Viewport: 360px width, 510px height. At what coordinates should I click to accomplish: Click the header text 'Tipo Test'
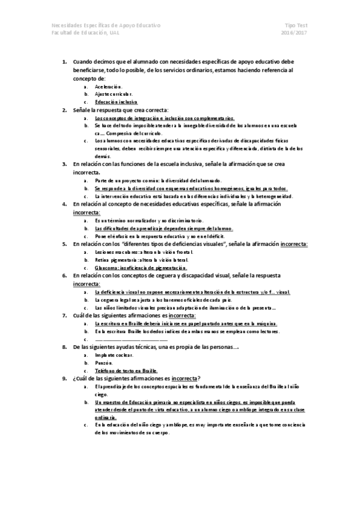[x=297, y=26]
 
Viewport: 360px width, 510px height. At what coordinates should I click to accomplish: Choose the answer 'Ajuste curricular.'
[x=114, y=94]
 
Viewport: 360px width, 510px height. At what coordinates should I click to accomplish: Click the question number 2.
[x=65, y=110]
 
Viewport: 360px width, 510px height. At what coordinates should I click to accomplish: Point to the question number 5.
[x=65, y=244]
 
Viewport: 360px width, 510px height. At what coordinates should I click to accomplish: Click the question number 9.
[x=65, y=378]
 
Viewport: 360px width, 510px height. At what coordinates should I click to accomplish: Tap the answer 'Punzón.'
[x=105, y=363]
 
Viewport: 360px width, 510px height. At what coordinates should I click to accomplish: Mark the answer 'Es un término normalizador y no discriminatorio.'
[x=153, y=221]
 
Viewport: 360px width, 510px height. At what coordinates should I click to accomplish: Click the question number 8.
[x=65, y=347]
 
